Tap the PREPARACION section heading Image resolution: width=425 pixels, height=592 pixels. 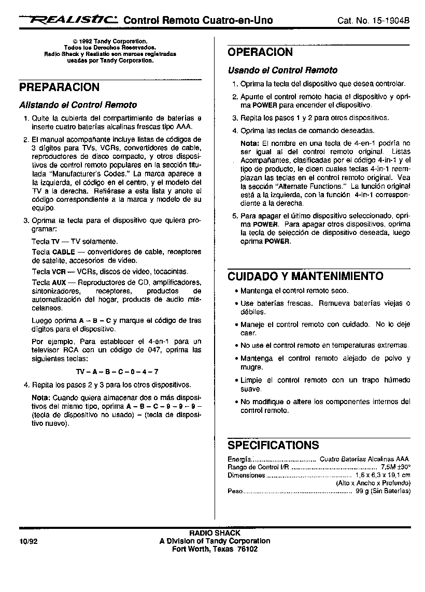click(x=59, y=87)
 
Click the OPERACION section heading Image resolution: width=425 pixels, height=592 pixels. click(x=260, y=52)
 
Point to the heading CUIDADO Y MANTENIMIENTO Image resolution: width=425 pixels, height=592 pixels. click(x=305, y=276)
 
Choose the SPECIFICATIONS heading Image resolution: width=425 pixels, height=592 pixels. click(x=273, y=446)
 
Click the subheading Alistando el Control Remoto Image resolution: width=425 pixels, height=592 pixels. click(x=78, y=105)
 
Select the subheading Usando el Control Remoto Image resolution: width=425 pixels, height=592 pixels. click(x=282, y=70)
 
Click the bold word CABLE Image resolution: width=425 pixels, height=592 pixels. click(x=64, y=252)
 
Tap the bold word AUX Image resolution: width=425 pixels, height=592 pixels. click(x=59, y=283)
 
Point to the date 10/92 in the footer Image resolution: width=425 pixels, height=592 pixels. click(x=29, y=541)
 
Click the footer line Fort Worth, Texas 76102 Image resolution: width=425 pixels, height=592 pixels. click(x=215, y=550)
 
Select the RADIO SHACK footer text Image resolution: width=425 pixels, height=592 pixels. click(x=215, y=533)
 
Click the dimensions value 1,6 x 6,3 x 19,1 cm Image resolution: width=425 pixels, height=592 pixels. click(x=382, y=475)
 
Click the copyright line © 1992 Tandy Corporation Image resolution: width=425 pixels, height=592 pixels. click(x=110, y=40)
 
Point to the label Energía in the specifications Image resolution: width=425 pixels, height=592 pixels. click(x=239, y=459)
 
